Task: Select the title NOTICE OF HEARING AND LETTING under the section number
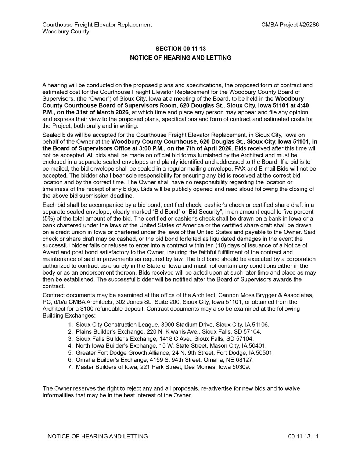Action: click(x=180, y=58)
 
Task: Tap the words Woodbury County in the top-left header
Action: click(x=66, y=32)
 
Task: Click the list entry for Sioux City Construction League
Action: click(x=172, y=325)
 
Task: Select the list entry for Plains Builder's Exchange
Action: click(x=169, y=332)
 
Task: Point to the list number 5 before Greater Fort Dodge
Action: click(x=70, y=353)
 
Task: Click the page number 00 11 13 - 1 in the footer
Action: click(x=303, y=437)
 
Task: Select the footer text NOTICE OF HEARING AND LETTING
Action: click(x=98, y=437)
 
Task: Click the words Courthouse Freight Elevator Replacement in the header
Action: click(x=97, y=25)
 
